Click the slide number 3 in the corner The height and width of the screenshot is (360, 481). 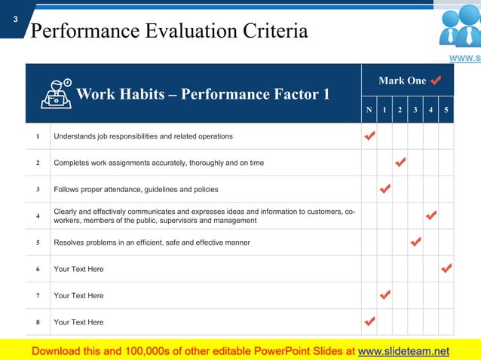tap(15, 20)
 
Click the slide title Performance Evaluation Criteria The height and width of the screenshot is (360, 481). tap(169, 31)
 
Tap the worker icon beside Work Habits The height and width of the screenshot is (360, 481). tap(57, 93)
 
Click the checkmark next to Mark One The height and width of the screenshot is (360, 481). tap(436, 80)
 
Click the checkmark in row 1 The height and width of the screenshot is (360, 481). tap(369, 136)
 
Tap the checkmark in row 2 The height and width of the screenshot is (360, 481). tap(400, 163)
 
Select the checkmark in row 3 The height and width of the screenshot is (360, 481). tap(384, 189)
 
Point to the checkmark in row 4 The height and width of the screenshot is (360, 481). tap(431, 216)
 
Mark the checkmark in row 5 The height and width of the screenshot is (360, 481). tap(415, 243)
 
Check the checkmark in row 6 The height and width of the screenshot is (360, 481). tap(446, 269)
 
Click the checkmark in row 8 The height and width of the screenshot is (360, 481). tap(369, 322)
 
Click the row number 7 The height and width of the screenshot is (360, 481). tap(38, 296)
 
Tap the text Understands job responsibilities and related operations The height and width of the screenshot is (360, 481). tap(143, 136)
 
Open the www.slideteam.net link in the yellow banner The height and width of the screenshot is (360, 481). tap(403, 351)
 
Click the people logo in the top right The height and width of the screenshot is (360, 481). tap(458, 29)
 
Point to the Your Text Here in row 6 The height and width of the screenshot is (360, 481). tap(78, 269)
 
